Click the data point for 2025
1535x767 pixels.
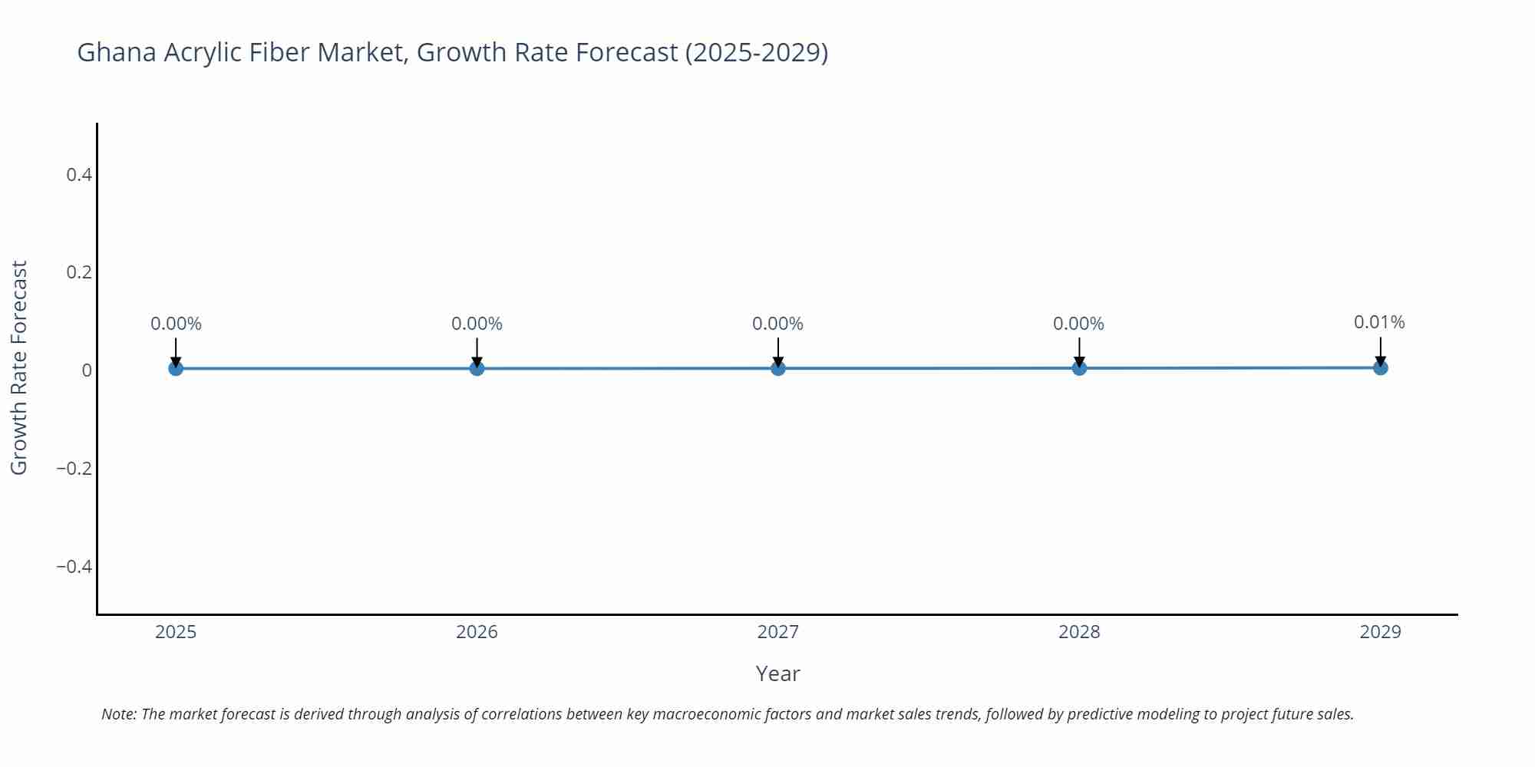[176, 368]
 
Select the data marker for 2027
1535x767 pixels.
[778, 368]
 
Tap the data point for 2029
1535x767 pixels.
[1380, 367]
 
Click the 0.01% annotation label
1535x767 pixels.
[1379, 323]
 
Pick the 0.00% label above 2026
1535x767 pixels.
[477, 324]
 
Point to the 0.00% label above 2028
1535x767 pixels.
[1078, 324]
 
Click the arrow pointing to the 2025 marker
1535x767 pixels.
[176, 353]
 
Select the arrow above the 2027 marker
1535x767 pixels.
[778, 353]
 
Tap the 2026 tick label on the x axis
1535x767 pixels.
[477, 632]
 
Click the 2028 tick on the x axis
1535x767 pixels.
[1079, 632]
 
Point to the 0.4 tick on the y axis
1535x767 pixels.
[79, 175]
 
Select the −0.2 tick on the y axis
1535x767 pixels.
[74, 469]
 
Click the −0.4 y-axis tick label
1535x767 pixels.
[74, 567]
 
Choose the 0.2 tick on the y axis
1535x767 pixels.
[79, 272]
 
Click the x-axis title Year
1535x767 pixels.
[777, 674]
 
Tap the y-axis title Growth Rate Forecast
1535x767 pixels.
[19, 367]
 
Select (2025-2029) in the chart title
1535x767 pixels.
[756, 53]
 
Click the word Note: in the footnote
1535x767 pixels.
[119, 715]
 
